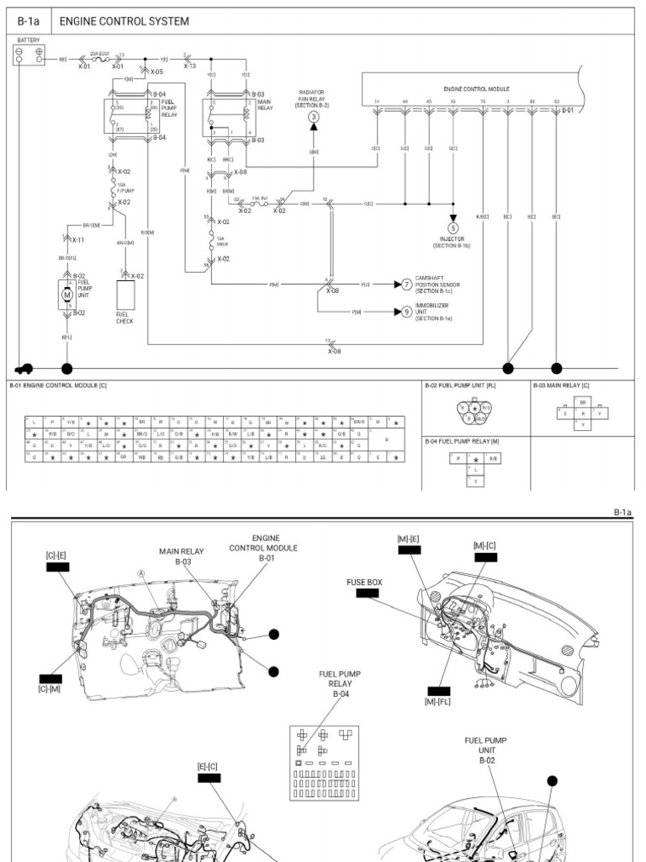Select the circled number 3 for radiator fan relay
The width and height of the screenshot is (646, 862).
click(313, 117)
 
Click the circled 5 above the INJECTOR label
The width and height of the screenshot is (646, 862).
click(453, 227)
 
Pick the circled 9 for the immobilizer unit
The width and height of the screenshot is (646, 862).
click(405, 311)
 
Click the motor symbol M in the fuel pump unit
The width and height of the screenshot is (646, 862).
click(67, 295)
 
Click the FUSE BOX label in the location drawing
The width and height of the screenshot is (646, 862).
click(364, 581)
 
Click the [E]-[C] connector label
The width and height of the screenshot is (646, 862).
click(207, 766)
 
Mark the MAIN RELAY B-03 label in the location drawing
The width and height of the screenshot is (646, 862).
click(183, 557)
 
